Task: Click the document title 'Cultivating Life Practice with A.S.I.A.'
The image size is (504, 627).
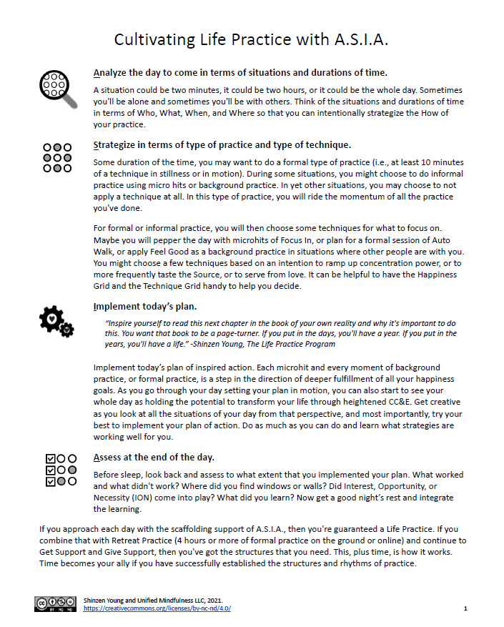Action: tap(252, 39)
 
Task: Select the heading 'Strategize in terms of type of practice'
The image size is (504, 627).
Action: tap(222, 144)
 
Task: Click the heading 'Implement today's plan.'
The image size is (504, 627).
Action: tap(145, 307)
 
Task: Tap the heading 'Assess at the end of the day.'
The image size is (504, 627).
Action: tap(154, 457)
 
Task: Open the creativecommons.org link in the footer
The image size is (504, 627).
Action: tap(157, 608)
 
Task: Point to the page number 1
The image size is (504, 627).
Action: tap(465, 608)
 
